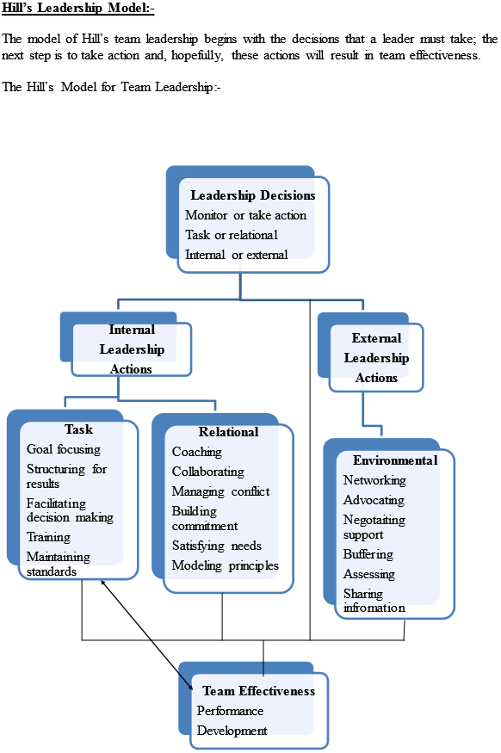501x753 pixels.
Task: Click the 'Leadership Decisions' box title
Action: (247, 195)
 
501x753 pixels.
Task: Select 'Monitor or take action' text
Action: (245, 215)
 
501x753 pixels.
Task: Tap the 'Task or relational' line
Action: (232, 235)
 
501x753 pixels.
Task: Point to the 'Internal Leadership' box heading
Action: (132, 340)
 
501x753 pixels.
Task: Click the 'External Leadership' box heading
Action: (376, 348)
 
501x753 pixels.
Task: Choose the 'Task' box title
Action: (78, 429)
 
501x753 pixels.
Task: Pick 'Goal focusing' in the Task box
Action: (64, 449)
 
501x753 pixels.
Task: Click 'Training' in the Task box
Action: (48, 537)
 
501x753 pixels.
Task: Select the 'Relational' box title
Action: (228, 432)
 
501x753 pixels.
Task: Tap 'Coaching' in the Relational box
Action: (196, 452)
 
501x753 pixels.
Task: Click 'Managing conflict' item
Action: (220, 491)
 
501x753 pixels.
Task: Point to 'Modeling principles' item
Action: (225, 565)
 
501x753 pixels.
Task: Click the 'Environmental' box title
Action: (395, 460)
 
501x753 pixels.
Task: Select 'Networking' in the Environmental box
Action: (374, 480)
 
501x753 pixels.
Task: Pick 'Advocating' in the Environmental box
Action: (374, 500)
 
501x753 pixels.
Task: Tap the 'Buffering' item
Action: (368, 554)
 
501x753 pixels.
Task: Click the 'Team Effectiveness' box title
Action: (258, 691)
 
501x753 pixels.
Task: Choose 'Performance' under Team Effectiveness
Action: (230, 711)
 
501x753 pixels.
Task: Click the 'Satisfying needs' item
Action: (216, 546)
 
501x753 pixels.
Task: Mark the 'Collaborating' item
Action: (207, 472)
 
